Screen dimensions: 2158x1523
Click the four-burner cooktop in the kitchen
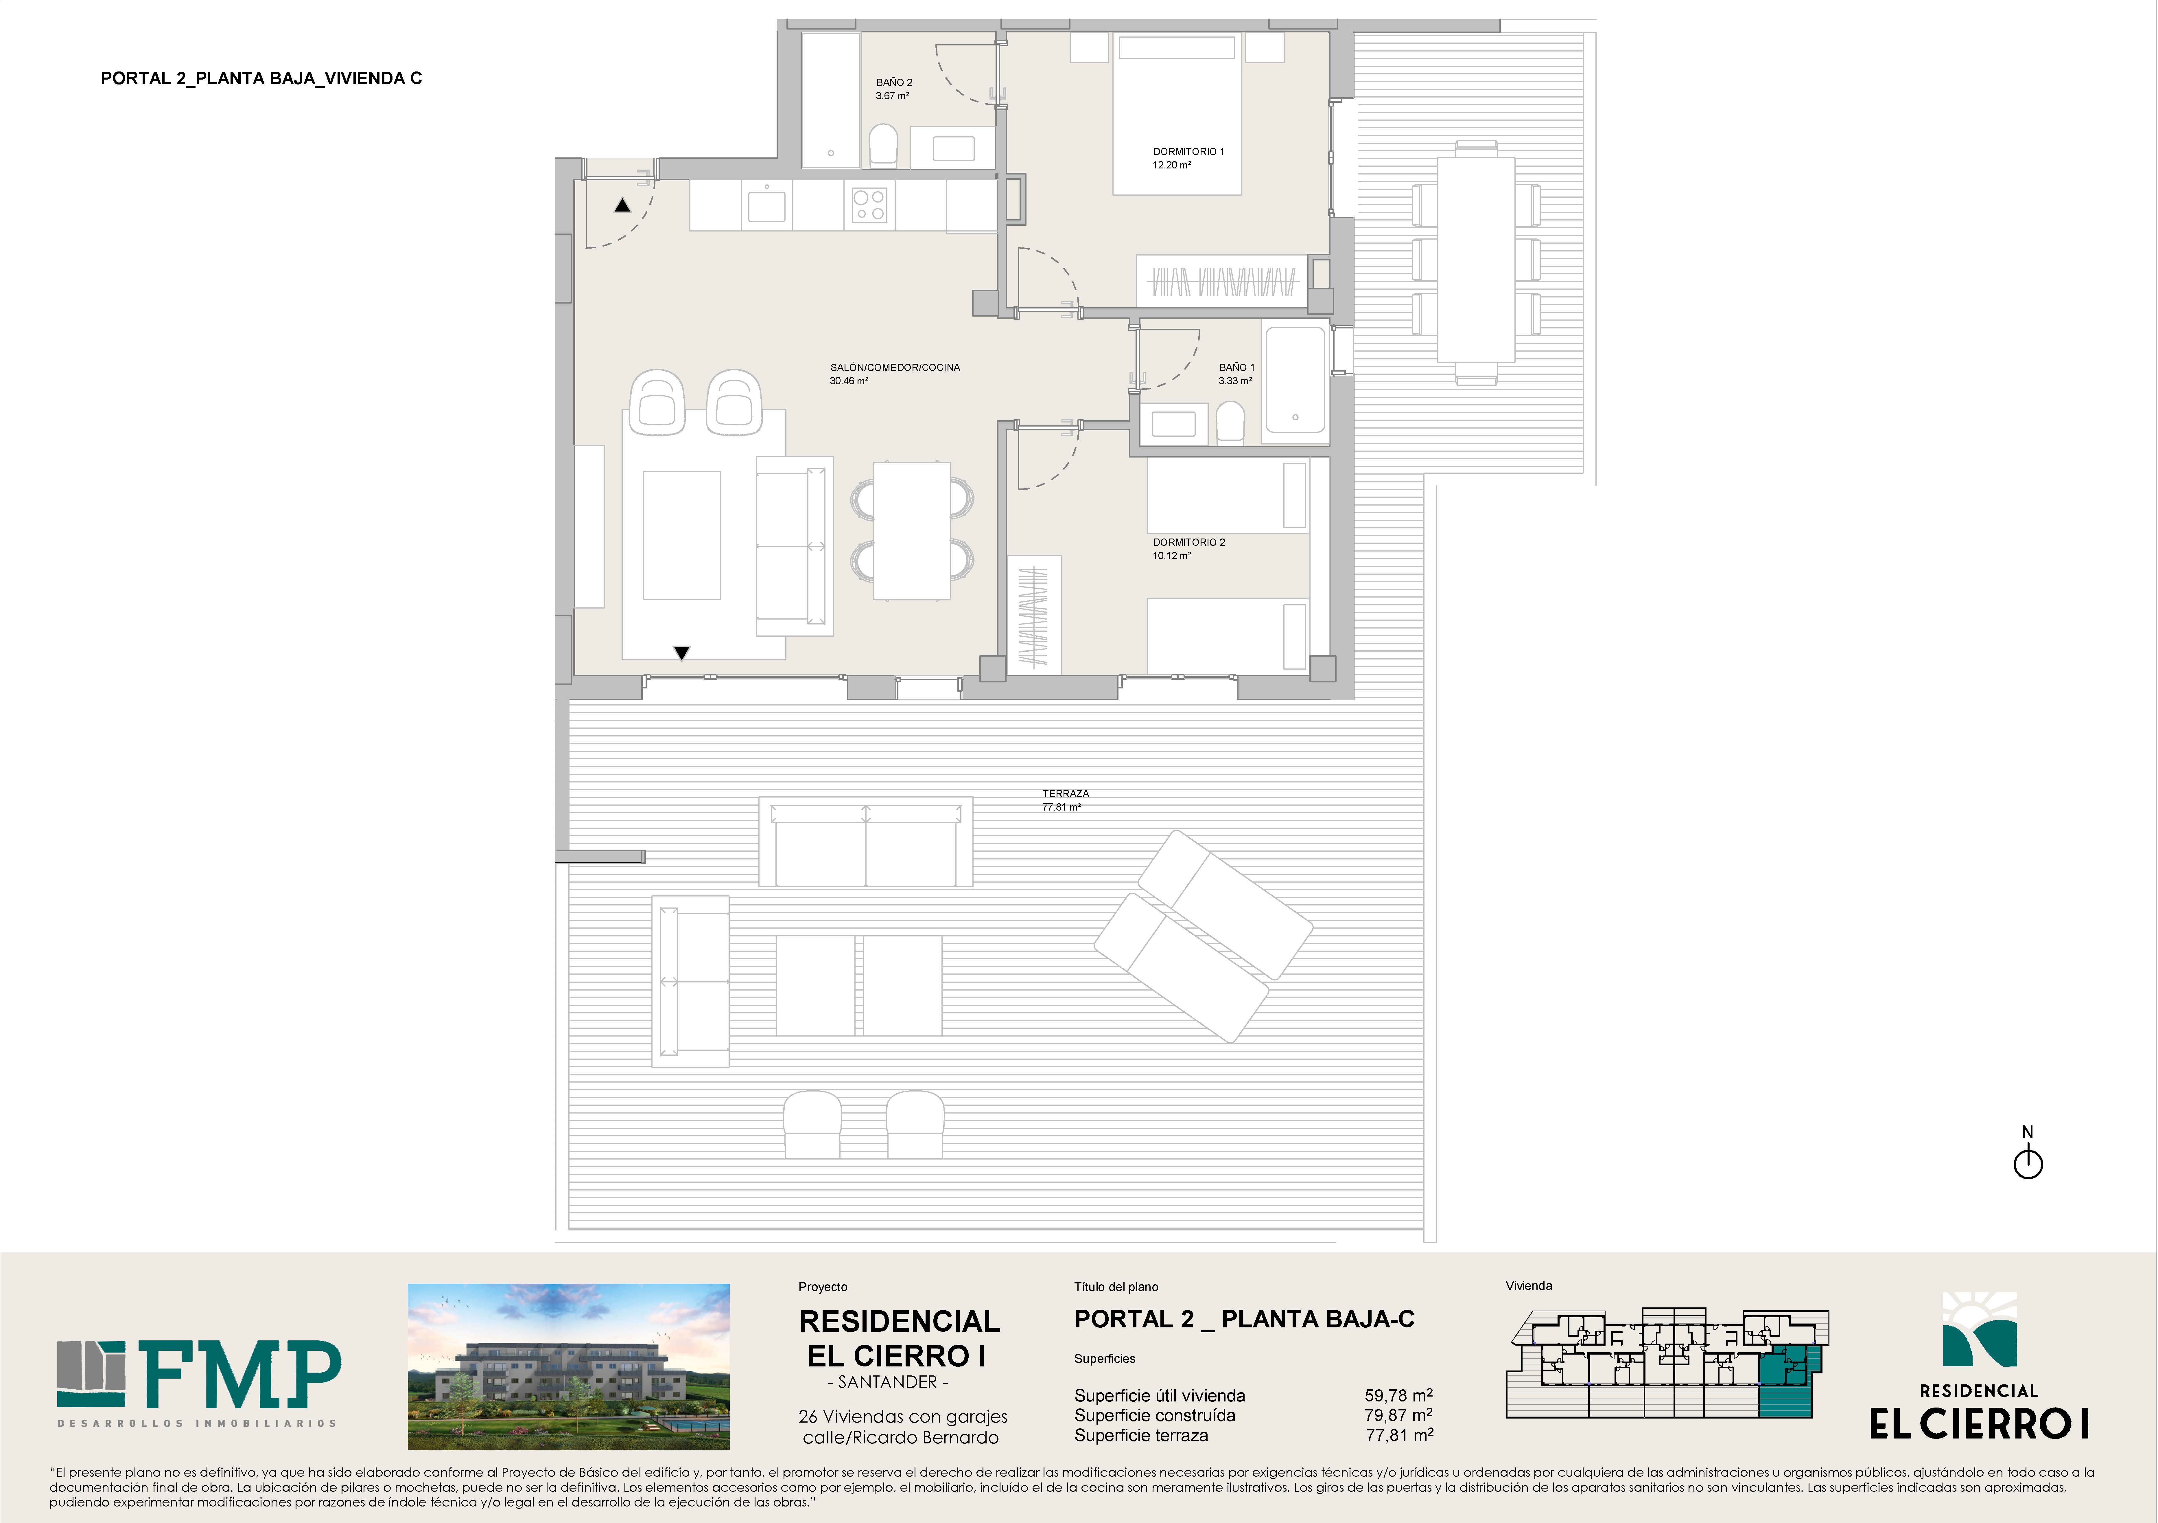[869, 205]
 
